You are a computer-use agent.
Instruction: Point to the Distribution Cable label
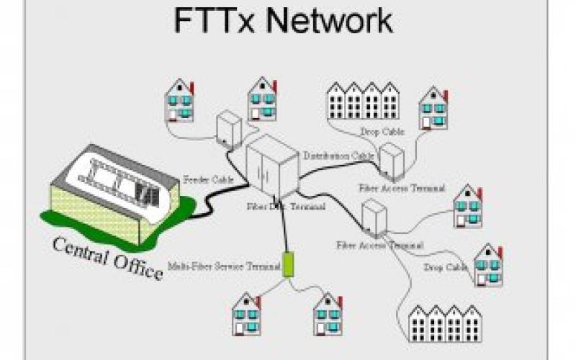coord(338,156)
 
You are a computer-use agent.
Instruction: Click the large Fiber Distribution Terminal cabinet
coord(271,171)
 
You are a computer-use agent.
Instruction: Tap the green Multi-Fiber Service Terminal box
coord(289,264)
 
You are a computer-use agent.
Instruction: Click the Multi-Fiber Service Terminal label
coord(224,266)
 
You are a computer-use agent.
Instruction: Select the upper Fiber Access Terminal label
coord(402,188)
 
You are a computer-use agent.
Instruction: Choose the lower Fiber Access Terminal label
coord(379,246)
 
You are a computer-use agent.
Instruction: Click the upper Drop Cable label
coord(382,132)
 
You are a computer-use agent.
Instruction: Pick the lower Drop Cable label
coord(446,267)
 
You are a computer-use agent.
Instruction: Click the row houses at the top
coord(363,101)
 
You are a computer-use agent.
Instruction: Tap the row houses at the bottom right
coord(444,323)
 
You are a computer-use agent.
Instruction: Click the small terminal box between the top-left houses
coord(228,128)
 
